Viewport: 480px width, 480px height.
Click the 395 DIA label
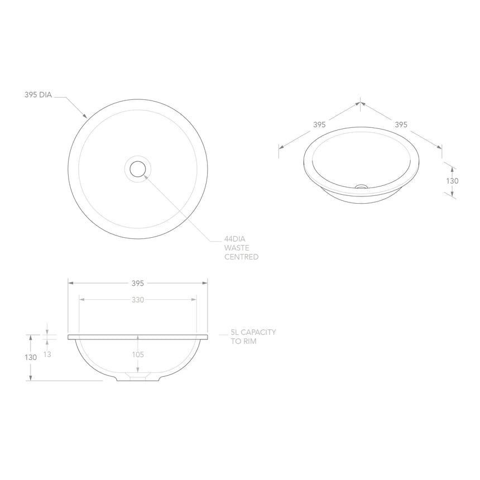[38, 95]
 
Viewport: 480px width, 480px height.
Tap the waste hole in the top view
[138, 168]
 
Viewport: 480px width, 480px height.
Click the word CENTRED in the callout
[241, 257]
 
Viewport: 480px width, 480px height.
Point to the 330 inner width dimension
[138, 300]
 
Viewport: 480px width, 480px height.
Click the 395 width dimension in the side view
[138, 283]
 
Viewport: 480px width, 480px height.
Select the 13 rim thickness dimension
[47, 354]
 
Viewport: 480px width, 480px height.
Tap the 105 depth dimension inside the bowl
[138, 354]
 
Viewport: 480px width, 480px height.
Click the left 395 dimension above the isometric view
[319, 124]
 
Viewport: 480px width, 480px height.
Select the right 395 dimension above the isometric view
[401, 124]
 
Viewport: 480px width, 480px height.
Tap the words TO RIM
[243, 341]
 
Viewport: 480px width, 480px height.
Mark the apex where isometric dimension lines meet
[361, 102]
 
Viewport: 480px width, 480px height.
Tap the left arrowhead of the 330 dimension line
[81, 300]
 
